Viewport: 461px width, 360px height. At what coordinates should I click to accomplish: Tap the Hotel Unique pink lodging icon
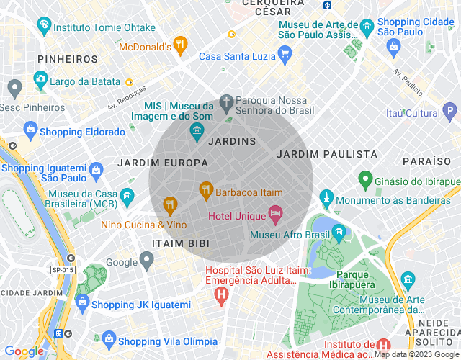[274, 214]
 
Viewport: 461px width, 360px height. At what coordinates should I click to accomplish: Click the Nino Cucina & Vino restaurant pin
[170, 206]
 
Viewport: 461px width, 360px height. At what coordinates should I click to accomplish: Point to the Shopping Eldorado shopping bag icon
[30, 130]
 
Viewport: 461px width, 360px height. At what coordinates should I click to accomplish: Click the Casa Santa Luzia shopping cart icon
[285, 53]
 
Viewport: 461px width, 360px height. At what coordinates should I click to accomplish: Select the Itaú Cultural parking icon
[450, 112]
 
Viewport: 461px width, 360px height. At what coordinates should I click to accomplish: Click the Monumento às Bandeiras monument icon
[327, 198]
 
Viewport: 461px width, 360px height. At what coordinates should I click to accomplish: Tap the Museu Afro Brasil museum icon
[339, 232]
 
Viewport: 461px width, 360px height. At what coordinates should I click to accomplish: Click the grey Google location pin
[147, 260]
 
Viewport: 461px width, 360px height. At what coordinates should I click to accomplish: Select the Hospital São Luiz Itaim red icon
[222, 294]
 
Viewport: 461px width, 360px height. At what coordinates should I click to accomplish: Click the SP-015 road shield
[63, 269]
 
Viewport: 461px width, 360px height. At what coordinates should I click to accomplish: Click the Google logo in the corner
[23, 351]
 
